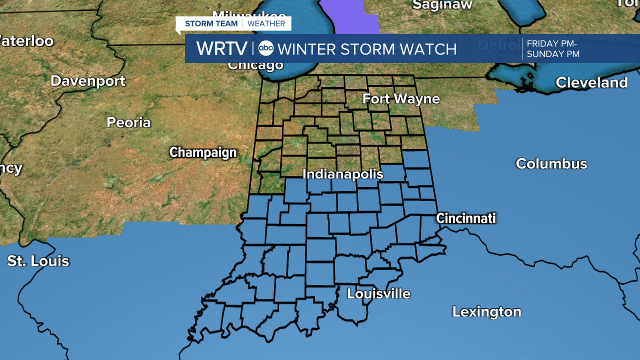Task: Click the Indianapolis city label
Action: click(x=343, y=174)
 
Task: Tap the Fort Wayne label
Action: click(x=401, y=99)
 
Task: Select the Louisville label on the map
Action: click(x=378, y=293)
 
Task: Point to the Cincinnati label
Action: click(x=465, y=218)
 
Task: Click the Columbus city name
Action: click(x=551, y=163)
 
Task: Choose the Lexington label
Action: click(x=486, y=311)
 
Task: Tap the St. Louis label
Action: click(x=38, y=260)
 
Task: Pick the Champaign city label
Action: click(x=202, y=152)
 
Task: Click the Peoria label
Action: click(x=128, y=122)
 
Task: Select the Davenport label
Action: click(x=88, y=81)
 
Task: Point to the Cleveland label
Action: click(x=591, y=82)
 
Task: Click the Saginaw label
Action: click(x=442, y=5)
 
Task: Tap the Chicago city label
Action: click(x=255, y=65)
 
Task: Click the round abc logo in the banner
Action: click(x=266, y=48)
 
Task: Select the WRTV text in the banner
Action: click(x=221, y=48)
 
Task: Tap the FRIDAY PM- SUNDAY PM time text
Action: click(x=552, y=49)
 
